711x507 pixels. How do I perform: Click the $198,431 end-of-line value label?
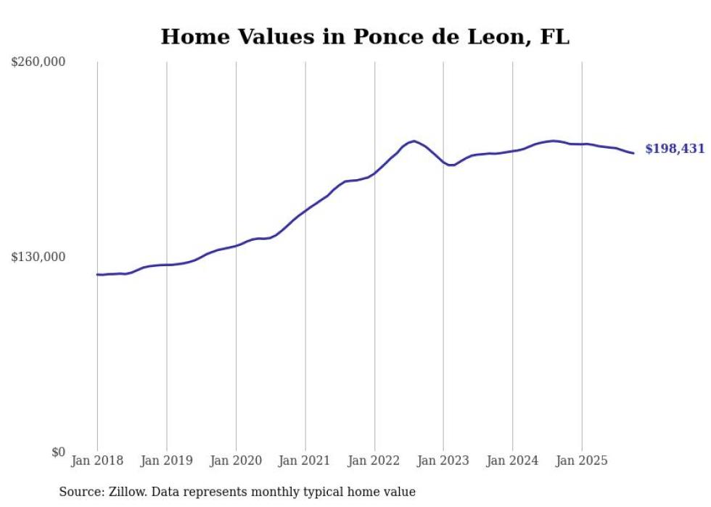click(x=675, y=149)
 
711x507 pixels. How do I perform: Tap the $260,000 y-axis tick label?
click(x=38, y=62)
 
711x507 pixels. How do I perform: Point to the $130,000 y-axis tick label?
click(x=38, y=257)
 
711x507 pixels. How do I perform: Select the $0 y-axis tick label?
click(x=58, y=452)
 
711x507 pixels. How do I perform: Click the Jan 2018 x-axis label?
click(x=97, y=461)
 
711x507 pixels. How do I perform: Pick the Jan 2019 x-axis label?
click(x=166, y=461)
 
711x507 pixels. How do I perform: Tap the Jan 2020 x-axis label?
click(x=236, y=461)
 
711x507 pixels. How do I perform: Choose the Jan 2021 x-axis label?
click(x=305, y=461)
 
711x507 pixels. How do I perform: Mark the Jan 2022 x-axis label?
click(x=374, y=461)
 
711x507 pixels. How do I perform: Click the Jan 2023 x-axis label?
click(x=443, y=461)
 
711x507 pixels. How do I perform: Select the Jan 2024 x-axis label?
click(x=513, y=461)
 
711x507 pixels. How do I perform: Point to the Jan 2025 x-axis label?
click(x=582, y=461)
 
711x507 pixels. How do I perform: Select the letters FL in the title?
click(x=555, y=36)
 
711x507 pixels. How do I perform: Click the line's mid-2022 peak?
click(x=414, y=141)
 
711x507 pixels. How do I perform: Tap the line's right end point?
click(x=633, y=153)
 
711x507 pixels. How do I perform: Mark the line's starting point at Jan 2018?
click(x=97, y=274)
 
